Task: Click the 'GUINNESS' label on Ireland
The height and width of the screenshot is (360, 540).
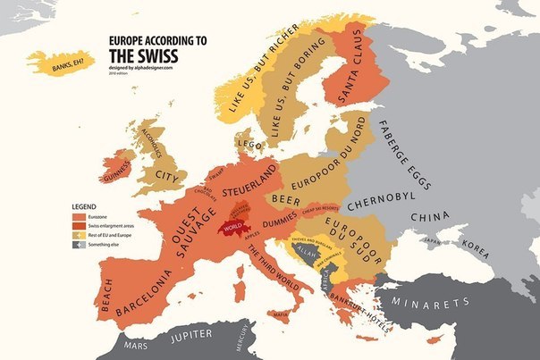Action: (116, 173)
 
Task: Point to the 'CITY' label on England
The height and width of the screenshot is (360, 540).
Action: (167, 177)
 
